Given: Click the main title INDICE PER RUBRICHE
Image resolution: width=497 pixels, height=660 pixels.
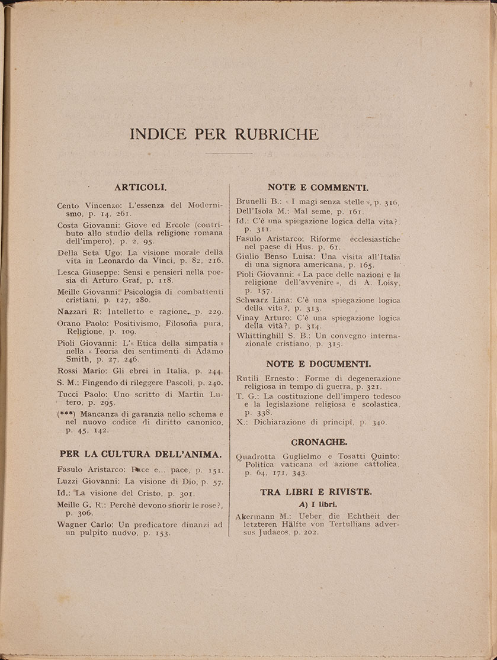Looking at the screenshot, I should (x=225, y=134).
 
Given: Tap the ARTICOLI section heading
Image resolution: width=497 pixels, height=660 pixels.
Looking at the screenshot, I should (x=140, y=187).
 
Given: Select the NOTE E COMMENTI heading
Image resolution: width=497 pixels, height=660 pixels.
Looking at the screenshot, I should (x=318, y=187).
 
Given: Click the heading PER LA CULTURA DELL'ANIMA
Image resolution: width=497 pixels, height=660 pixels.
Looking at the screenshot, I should (x=140, y=454).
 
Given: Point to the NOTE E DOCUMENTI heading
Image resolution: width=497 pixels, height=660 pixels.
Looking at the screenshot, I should (x=319, y=363).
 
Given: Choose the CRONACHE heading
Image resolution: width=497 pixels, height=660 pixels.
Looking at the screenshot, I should (x=319, y=442).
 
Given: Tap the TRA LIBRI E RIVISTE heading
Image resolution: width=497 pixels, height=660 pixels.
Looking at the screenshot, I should (x=316, y=491).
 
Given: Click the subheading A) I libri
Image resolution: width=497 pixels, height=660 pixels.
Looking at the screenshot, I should (x=318, y=504).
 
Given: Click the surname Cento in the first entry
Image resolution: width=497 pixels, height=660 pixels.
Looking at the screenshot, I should (x=70, y=205).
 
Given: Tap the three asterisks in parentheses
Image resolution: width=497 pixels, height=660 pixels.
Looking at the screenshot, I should (x=66, y=414).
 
